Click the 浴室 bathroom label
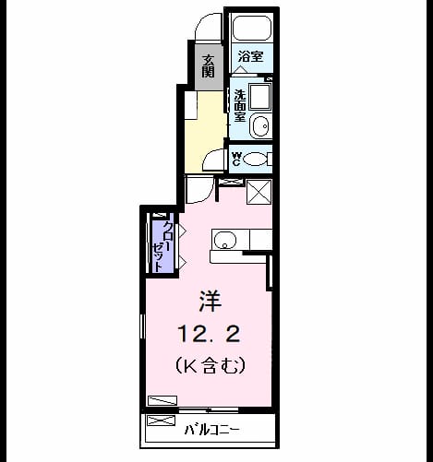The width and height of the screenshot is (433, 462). [250, 56]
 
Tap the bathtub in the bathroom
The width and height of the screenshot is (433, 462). [252, 28]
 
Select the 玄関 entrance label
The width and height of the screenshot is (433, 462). [209, 66]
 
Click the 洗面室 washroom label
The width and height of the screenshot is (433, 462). [240, 106]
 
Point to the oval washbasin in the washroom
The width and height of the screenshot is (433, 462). [260, 126]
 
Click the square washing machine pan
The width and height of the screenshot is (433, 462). [260, 97]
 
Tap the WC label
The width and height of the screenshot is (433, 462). [236, 159]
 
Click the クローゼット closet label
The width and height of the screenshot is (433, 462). [162, 246]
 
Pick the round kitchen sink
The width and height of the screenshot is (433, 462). [225, 240]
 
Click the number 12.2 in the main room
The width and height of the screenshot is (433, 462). [209, 334]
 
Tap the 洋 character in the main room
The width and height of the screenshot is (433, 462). [210, 301]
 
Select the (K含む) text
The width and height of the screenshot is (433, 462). [210, 365]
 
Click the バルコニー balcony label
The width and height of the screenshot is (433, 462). [211, 430]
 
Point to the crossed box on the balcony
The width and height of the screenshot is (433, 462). [162, 421]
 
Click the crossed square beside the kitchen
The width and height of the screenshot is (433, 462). [259, 192]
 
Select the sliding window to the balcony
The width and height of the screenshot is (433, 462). [209, 409]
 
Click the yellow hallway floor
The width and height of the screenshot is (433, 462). [205, 132]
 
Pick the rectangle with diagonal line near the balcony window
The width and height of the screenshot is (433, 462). [162, 400]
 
